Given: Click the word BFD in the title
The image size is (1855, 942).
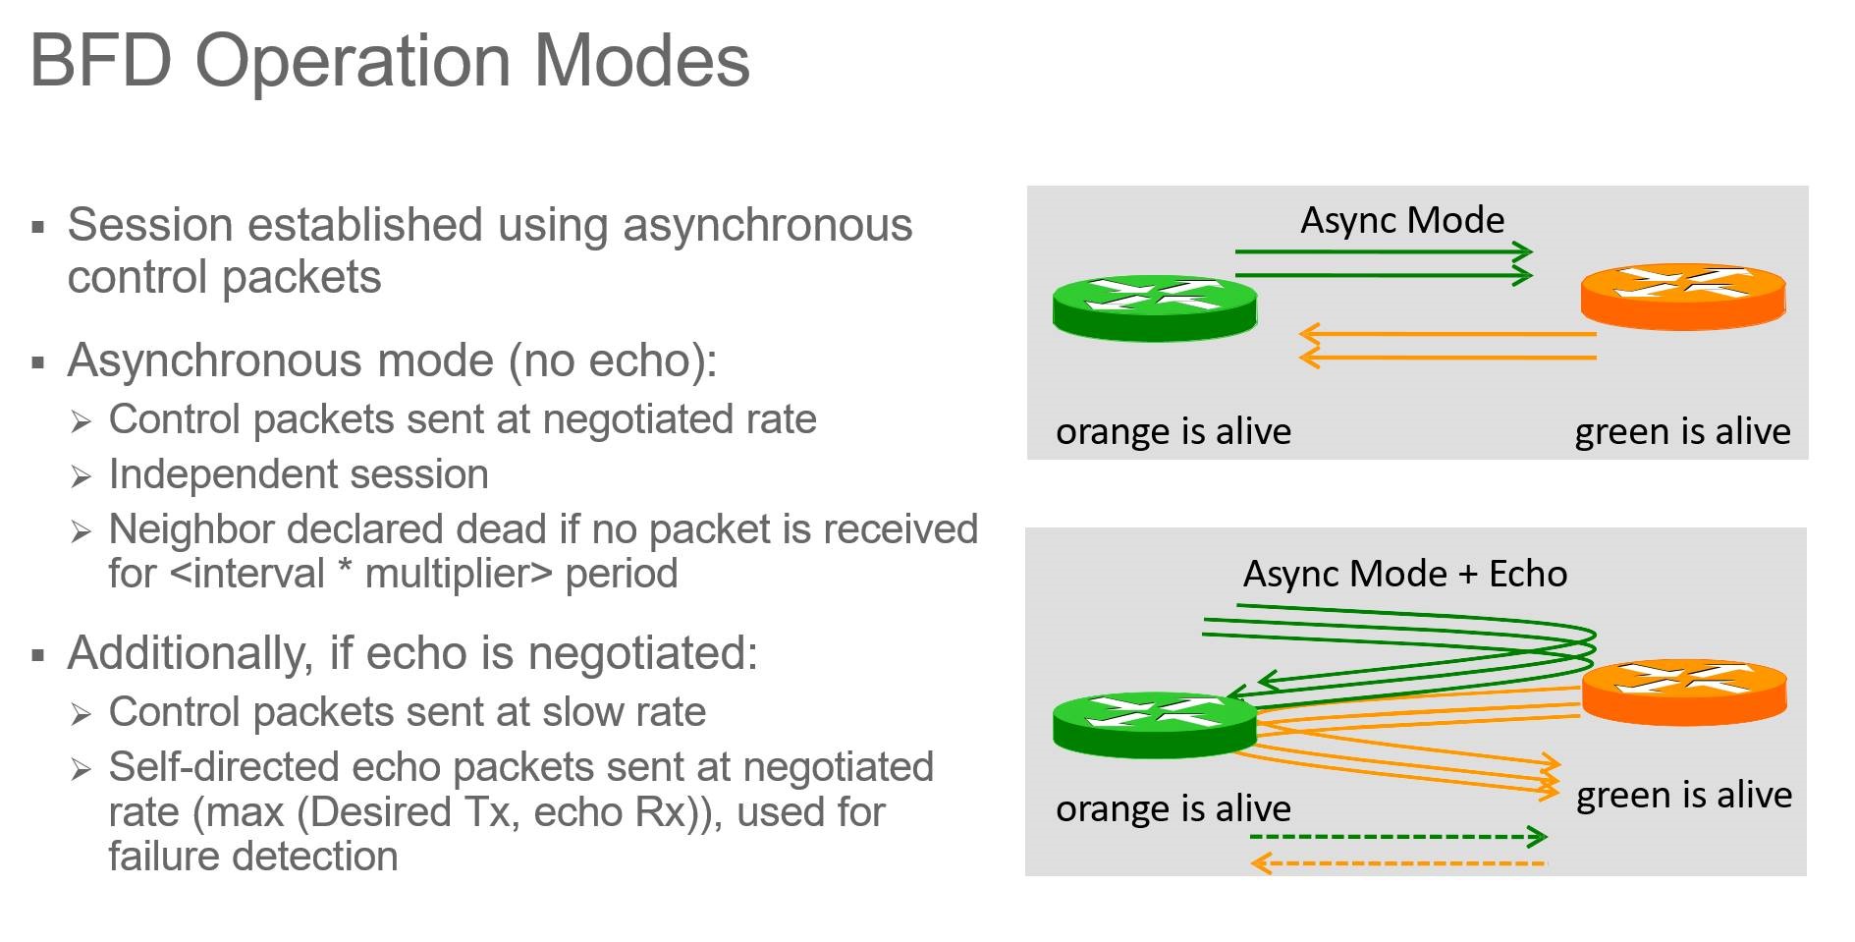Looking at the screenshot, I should tap(101, 61).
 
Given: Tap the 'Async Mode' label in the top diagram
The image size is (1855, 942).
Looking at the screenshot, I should tap(1402, 220).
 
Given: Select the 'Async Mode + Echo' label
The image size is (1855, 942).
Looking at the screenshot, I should tap(1404, 574).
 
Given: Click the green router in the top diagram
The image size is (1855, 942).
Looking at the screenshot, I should tap(1154, 307).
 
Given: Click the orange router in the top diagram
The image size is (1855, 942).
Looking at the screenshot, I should tap(1682, 296).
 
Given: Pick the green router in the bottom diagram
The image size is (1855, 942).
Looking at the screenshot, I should tap(1154, 725).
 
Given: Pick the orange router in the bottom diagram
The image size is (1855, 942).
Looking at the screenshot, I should tap(1684, 692).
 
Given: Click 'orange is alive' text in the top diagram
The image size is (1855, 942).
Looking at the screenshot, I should tap(1173, 431).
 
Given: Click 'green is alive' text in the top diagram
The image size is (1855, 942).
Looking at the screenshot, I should tap(1682, 431).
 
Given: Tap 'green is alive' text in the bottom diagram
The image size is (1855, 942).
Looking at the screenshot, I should tap(1683, 795).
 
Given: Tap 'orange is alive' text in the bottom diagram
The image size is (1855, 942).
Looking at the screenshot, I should tap(1173, 808).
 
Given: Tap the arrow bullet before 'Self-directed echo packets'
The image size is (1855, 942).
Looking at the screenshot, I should tap(81, 769).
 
